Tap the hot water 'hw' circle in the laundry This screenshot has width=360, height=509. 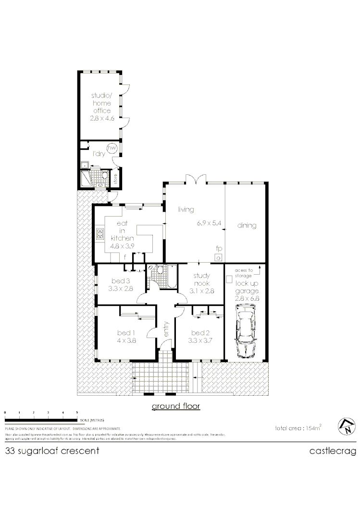click(x=112, y=149)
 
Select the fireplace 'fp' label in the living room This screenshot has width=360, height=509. click(x=219, y=249)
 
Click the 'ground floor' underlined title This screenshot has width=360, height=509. click(x=175, y=406)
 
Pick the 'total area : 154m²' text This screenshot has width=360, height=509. click(x=298, y=427)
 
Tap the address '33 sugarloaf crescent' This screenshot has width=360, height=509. click(x=52, y=451)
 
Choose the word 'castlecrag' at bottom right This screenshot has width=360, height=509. click(x=332, y=451)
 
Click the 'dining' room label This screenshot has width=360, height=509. click(x=247, y=225)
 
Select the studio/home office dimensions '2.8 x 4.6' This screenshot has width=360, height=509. click(x=101, y=118)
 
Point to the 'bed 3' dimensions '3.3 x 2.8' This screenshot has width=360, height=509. click(x=120, y=289)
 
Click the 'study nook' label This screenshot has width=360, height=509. click(x=202, y=279)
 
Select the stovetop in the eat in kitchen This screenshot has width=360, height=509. click(x=100, y=234)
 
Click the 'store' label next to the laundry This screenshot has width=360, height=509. click(x=115, y=179)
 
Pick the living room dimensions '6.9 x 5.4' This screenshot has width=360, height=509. click(x=209, y=223)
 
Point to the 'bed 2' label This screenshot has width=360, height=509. click(x=199, y=333)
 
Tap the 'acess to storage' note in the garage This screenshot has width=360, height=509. click(x=243, y=273)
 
